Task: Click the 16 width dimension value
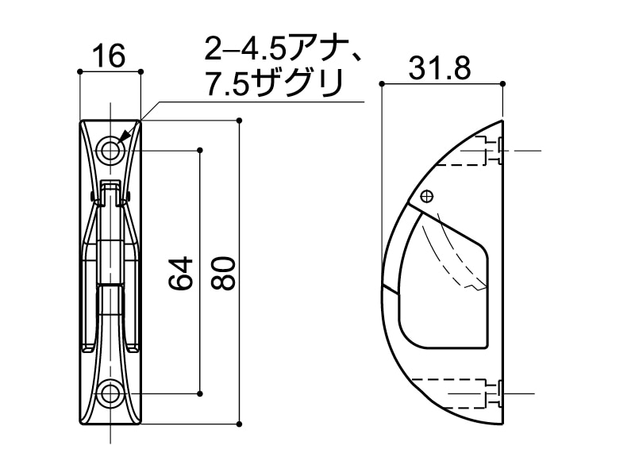[110, 56]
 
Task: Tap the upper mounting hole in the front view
[110, 150]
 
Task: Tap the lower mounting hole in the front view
[110, 393]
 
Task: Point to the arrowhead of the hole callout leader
[120, 140]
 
